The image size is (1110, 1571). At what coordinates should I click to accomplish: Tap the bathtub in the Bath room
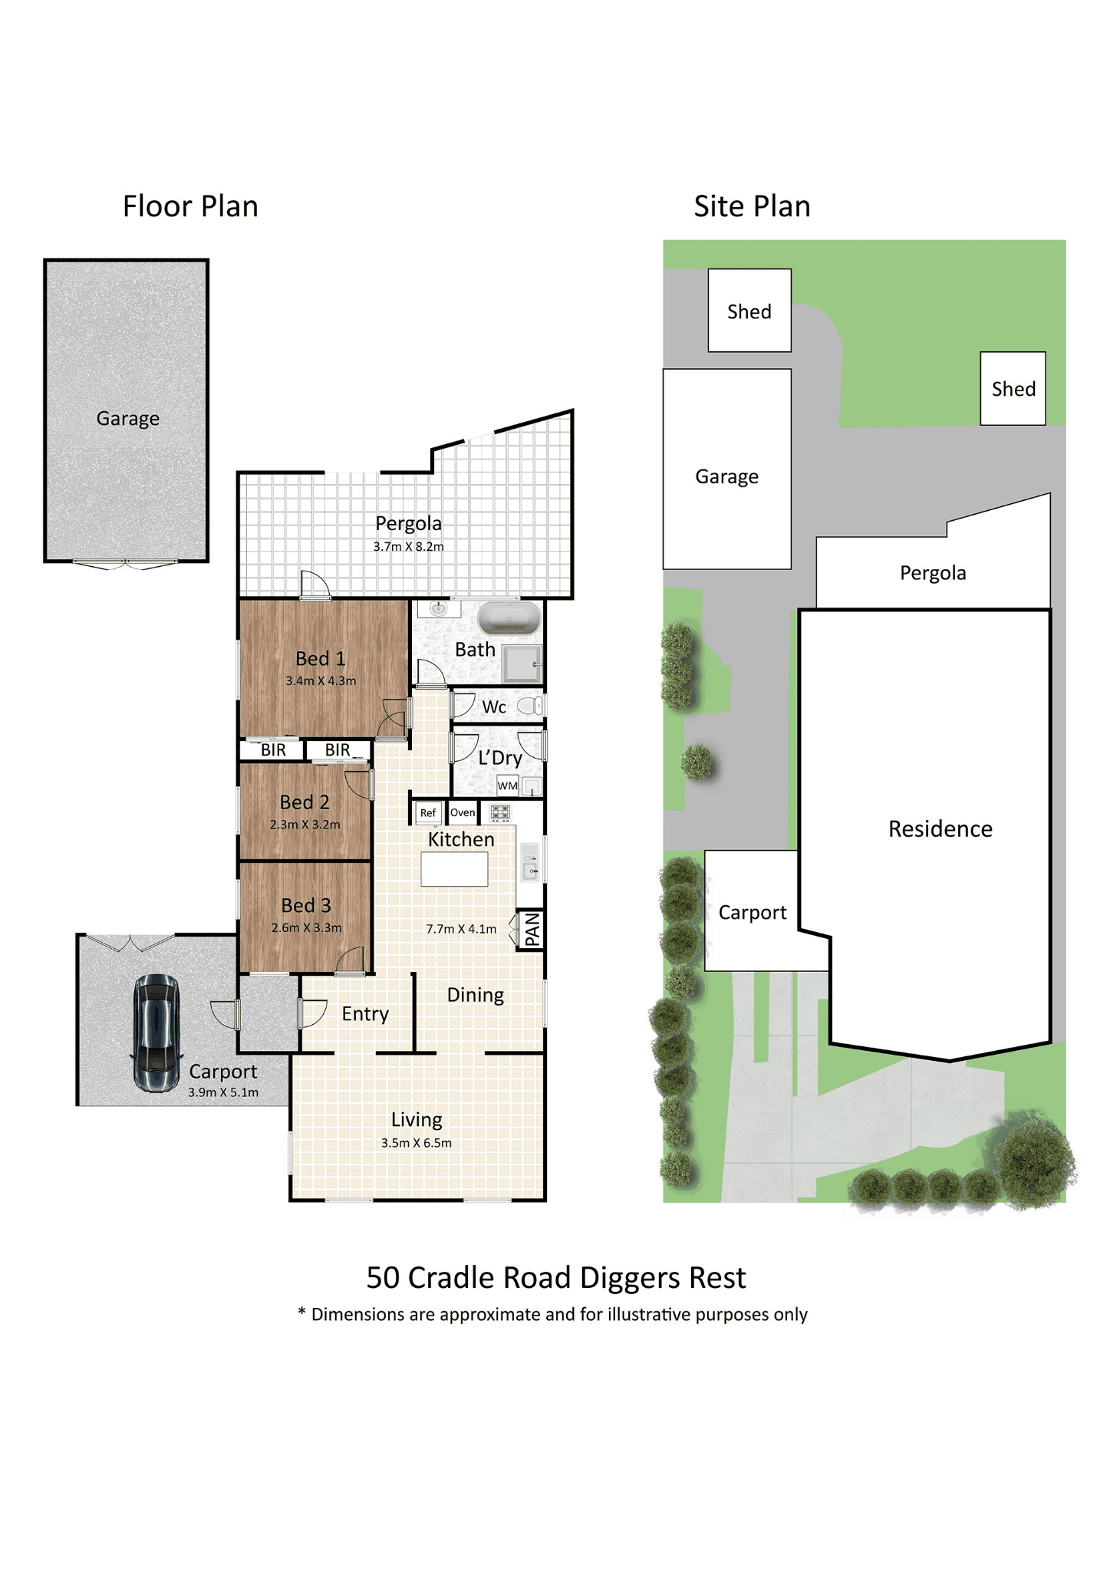[x=509, y=618]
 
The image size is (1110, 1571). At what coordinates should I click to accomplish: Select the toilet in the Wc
[x=531, y=705]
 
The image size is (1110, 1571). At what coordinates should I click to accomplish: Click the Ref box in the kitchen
[x=428, y=812]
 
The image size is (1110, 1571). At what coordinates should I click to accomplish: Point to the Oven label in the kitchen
[x=463, y=812]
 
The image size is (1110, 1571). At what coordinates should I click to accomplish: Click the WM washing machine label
[x=508, y=785]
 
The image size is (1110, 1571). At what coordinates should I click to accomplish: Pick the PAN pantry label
[x=532, y=930]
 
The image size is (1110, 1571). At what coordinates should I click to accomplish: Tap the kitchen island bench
[x=454, y=869]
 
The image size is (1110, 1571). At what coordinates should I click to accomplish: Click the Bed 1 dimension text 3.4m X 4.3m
[x=321, y=680]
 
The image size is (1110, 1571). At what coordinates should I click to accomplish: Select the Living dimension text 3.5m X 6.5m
[x=417, y=1142]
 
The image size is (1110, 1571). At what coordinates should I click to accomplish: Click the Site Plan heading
[x=752, y=206]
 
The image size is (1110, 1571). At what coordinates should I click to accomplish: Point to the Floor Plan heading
[x=190, y=206]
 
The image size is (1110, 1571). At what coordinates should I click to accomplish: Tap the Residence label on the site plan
[x=940, y=828]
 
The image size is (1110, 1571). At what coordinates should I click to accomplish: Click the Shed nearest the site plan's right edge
[x=1013, y=388]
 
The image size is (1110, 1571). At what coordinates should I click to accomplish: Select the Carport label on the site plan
[x=753, y=913]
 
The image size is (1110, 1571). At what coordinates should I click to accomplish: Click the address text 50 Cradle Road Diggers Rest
[x=556, y=1277]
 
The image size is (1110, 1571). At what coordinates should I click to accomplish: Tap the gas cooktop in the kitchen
[x=500, y=812]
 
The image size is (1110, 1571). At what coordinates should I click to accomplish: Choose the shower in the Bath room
[x=523, y=664]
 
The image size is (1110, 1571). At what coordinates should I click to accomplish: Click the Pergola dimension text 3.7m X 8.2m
[x=409, y=546]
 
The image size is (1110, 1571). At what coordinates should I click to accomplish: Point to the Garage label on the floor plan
[x=128, y=419]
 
